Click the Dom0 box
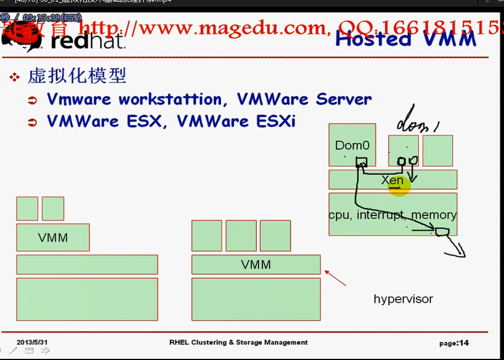[352, 146]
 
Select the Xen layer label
[392, 180]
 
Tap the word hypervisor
[403, 298]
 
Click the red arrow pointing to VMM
[335, 278]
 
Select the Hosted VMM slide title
[406, 39]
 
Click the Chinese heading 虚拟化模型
[77, 76]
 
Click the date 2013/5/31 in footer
[32, 342]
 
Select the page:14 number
[454, 342]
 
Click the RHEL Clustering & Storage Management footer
[238, 342]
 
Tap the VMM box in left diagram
[53, 237]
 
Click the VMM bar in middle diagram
[256, 264]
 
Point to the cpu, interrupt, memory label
[393, 215]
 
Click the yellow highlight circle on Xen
[399, 185]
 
